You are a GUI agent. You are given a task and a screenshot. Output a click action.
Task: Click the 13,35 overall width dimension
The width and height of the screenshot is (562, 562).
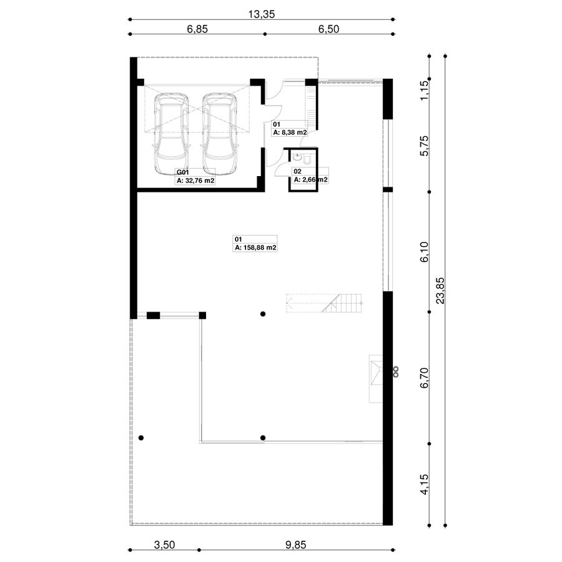coord(261,14)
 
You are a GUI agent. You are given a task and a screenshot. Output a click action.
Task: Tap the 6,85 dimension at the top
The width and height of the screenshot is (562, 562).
coord(197,29)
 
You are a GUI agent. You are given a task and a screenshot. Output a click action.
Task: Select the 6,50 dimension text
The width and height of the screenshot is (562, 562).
coord(328,29)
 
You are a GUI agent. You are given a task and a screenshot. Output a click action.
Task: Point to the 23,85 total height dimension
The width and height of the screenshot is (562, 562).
coord(440,290)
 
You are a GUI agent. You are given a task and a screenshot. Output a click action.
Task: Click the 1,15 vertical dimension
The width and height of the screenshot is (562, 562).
coord(424,91)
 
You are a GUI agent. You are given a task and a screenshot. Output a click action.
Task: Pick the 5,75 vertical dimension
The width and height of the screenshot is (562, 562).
coord(424,146)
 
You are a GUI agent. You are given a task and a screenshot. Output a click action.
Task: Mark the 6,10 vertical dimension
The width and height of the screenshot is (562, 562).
coord(424,252)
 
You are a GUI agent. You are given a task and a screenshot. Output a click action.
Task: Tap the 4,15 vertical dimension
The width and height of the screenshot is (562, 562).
coord(424,485)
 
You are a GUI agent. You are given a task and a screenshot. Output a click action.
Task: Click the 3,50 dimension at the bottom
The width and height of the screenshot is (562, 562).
coord(164,545)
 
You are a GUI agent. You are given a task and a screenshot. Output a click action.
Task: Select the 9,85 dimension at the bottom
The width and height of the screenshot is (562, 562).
coord(296,545)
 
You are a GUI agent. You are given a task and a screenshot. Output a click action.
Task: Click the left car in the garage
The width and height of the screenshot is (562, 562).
coord(171,134)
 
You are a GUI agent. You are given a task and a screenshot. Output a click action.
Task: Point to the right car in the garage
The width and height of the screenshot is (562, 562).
coord(219,134)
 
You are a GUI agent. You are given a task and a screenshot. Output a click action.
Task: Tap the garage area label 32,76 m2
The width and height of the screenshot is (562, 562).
coord(195,180)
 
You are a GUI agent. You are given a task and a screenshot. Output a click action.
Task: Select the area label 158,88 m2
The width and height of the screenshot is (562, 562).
coord(255,248)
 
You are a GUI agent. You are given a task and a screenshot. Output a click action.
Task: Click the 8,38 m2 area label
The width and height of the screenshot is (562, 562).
coord(290,132)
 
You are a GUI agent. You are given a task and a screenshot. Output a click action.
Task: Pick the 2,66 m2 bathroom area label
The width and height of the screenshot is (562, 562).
coord(310,180)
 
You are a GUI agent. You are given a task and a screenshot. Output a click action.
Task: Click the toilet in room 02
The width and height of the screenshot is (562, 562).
coord(307,159)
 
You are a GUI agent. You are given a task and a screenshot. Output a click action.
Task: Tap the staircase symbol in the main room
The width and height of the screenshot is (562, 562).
coord(324,303)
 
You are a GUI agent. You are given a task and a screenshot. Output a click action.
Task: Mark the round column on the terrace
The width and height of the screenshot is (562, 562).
coord(141,438)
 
